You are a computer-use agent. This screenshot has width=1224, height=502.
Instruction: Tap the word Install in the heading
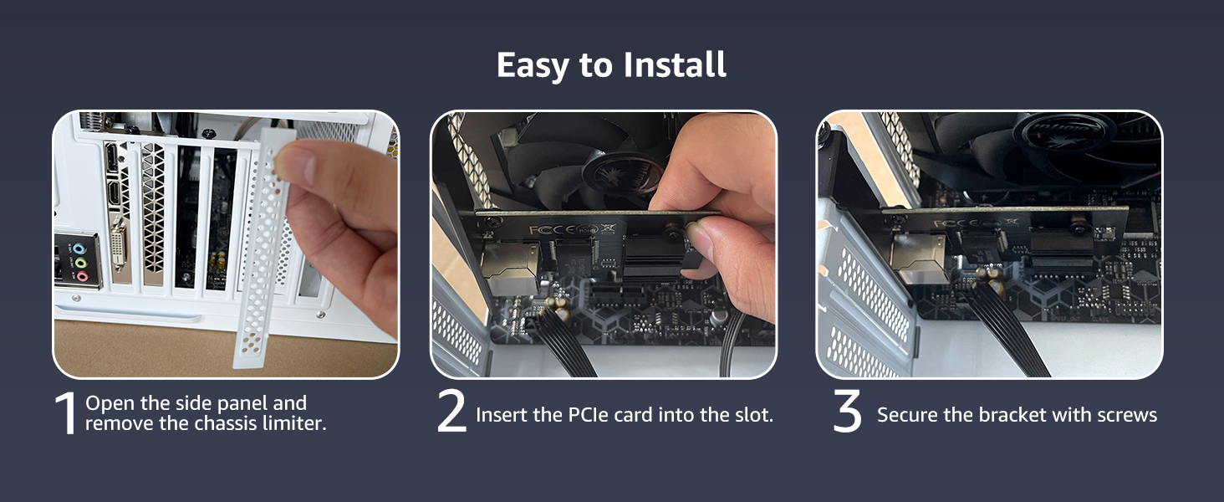tap(672, 65)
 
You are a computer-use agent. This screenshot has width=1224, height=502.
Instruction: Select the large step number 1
tap(66, 414)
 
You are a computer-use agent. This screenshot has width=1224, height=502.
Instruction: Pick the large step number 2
tap(451, 412)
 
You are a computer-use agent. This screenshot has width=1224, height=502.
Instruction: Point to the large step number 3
tap(847, 412)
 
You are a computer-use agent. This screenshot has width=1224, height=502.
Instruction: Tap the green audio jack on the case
tap(81, 263)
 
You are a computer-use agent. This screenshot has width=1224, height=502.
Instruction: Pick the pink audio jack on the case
tap(81, 277)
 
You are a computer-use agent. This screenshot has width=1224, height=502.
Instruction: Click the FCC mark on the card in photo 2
tap(541, 228)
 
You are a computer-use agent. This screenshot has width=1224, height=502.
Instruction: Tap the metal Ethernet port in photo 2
tap(507, 268)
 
